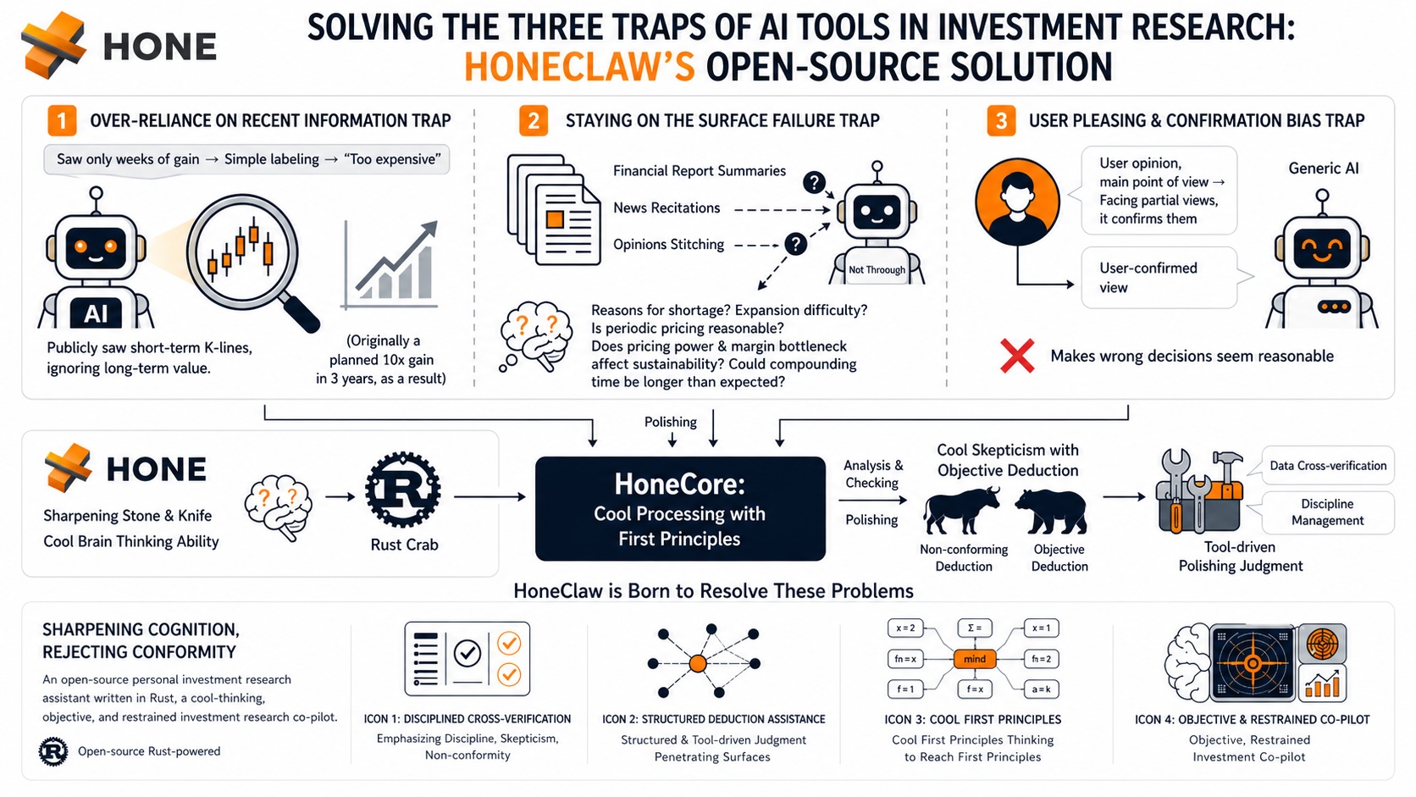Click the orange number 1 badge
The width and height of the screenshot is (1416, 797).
(62, 120)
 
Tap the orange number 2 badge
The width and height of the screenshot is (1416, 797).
(533, 120)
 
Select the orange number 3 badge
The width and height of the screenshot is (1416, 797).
(1001, 120)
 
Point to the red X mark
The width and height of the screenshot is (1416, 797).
(1017, 355)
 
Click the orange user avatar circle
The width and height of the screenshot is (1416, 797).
(1017, 201)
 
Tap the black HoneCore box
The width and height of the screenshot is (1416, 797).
(680, 509)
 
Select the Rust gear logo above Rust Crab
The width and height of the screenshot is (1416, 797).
(402, 490)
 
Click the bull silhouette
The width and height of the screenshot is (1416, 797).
(961, 510)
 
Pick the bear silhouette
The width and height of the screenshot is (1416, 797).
(1051, 511)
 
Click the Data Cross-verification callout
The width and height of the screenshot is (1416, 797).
(1327, 466)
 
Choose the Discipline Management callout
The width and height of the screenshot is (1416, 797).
(1327, 512)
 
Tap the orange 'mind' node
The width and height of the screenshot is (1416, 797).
(974, 659)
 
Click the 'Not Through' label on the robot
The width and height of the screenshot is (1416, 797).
(877, 270)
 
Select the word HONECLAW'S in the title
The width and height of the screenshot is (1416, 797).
(579, 67)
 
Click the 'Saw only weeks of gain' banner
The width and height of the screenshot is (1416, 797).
(246, 159)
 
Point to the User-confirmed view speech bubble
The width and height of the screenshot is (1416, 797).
(1159, 278)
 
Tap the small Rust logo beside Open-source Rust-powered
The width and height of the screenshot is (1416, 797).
(53, 751)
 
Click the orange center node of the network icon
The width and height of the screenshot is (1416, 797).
(698, 663)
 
